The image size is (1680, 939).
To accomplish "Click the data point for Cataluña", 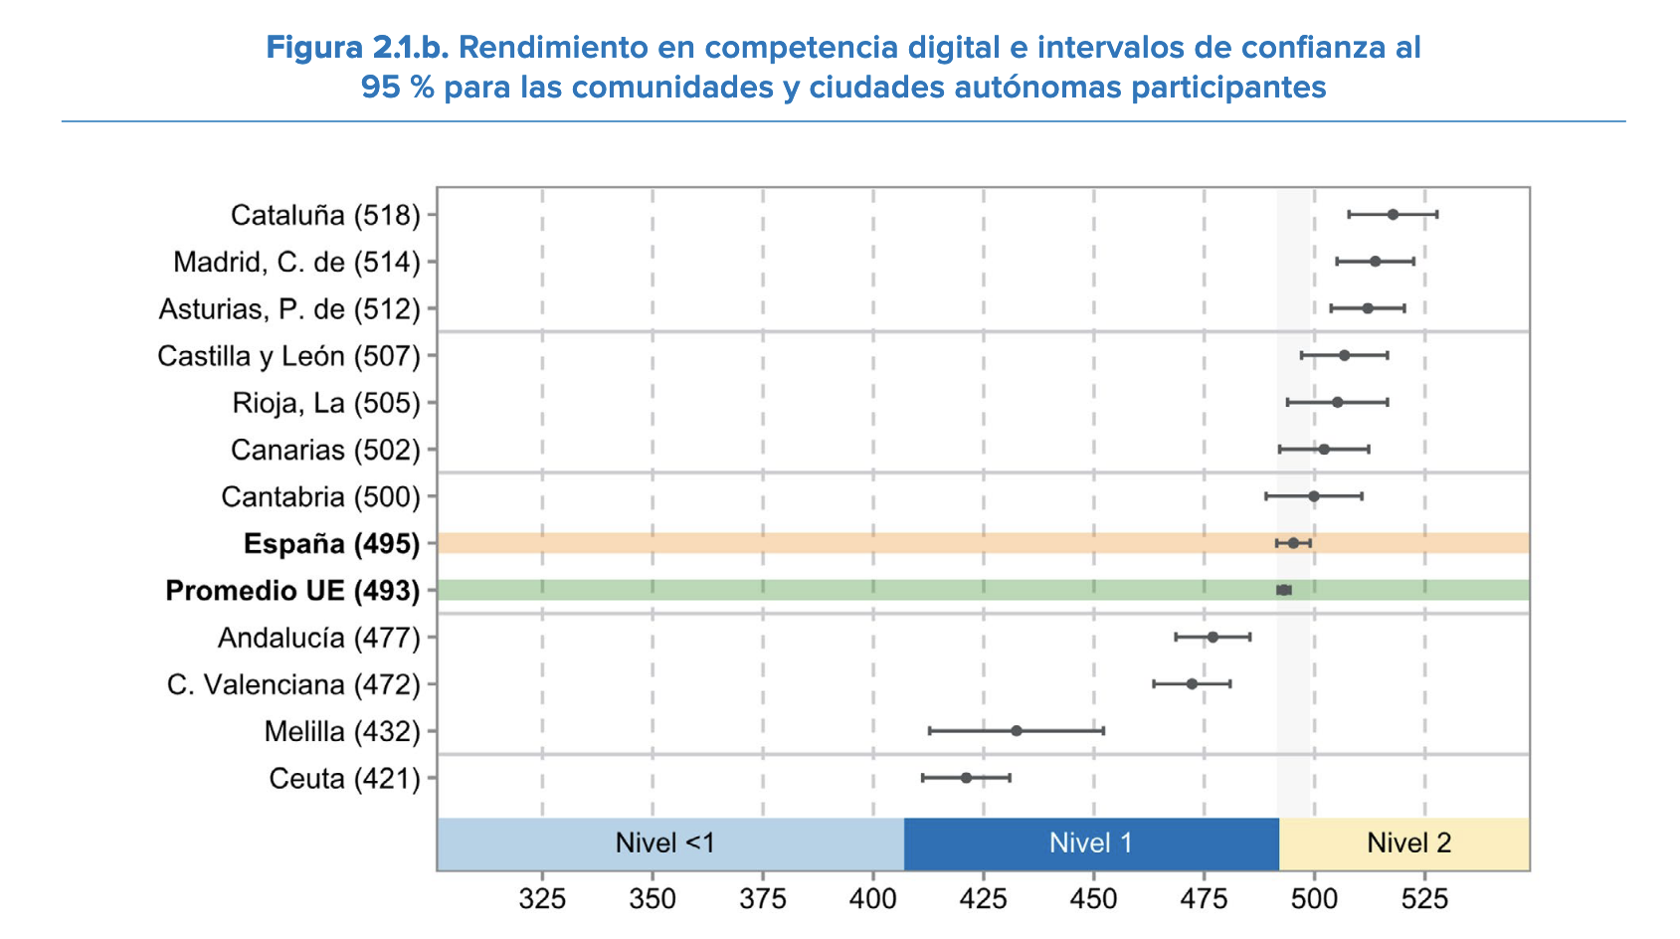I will [1393, 215].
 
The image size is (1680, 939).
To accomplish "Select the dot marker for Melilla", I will [1017, 731].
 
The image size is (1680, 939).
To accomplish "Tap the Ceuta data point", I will [966, 778].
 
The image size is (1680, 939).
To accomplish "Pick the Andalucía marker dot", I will [1213, 637].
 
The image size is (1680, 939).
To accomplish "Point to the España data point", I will [1293, 543].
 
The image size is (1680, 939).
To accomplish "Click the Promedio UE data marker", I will [1284, 590].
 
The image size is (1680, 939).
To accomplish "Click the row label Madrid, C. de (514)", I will [296, 263].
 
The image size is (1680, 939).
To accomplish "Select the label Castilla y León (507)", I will [288, 356].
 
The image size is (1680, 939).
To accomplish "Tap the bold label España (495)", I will [331, 544].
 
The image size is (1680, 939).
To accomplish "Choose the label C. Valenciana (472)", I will [293, 685].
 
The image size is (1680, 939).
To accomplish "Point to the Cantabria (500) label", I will [320, 497].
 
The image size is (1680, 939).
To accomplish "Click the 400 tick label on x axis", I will [873, 900].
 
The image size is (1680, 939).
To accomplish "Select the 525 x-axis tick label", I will [1424, 900].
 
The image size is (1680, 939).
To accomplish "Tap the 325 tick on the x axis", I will [542, 900].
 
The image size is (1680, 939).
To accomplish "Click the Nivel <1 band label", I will [664, 844].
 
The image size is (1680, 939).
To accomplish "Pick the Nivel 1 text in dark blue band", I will [1090, 844].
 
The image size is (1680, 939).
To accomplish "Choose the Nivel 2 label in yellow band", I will [1408, 844].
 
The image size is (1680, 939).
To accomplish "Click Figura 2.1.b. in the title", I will [358, 48].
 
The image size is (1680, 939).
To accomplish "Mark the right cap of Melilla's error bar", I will [1103, 731].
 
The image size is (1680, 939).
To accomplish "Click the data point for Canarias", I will [1324, 450].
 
